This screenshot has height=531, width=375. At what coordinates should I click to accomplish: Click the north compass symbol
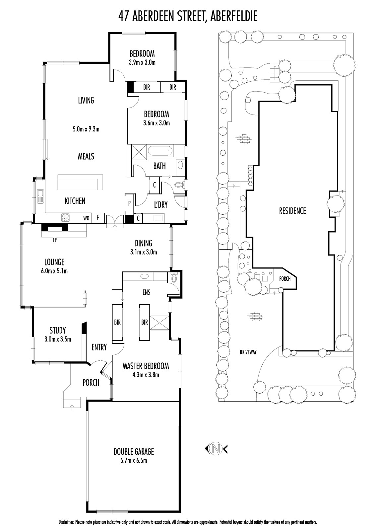216,449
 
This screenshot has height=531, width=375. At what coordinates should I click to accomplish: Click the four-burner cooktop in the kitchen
66,217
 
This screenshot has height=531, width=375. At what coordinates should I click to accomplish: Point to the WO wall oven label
86,218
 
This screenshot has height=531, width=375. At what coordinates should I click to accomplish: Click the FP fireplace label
55,240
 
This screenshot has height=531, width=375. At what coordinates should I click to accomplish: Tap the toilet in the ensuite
174,277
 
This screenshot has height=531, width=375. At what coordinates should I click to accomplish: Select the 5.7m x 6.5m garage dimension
134,461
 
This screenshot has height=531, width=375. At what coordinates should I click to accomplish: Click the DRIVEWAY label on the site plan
248,352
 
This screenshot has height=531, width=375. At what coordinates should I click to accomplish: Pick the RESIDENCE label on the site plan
292,211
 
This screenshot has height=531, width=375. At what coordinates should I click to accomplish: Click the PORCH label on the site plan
285,279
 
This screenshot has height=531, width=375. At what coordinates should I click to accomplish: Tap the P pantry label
129,203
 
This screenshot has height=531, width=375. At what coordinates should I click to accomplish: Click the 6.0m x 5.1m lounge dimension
54,271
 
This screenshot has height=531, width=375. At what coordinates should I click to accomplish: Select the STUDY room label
58,331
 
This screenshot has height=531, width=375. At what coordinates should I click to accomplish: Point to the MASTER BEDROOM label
146,366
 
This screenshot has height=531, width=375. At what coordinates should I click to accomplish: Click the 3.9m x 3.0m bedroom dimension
142,63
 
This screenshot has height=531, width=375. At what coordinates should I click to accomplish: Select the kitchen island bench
80,182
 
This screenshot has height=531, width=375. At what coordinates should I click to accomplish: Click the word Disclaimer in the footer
67,522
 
